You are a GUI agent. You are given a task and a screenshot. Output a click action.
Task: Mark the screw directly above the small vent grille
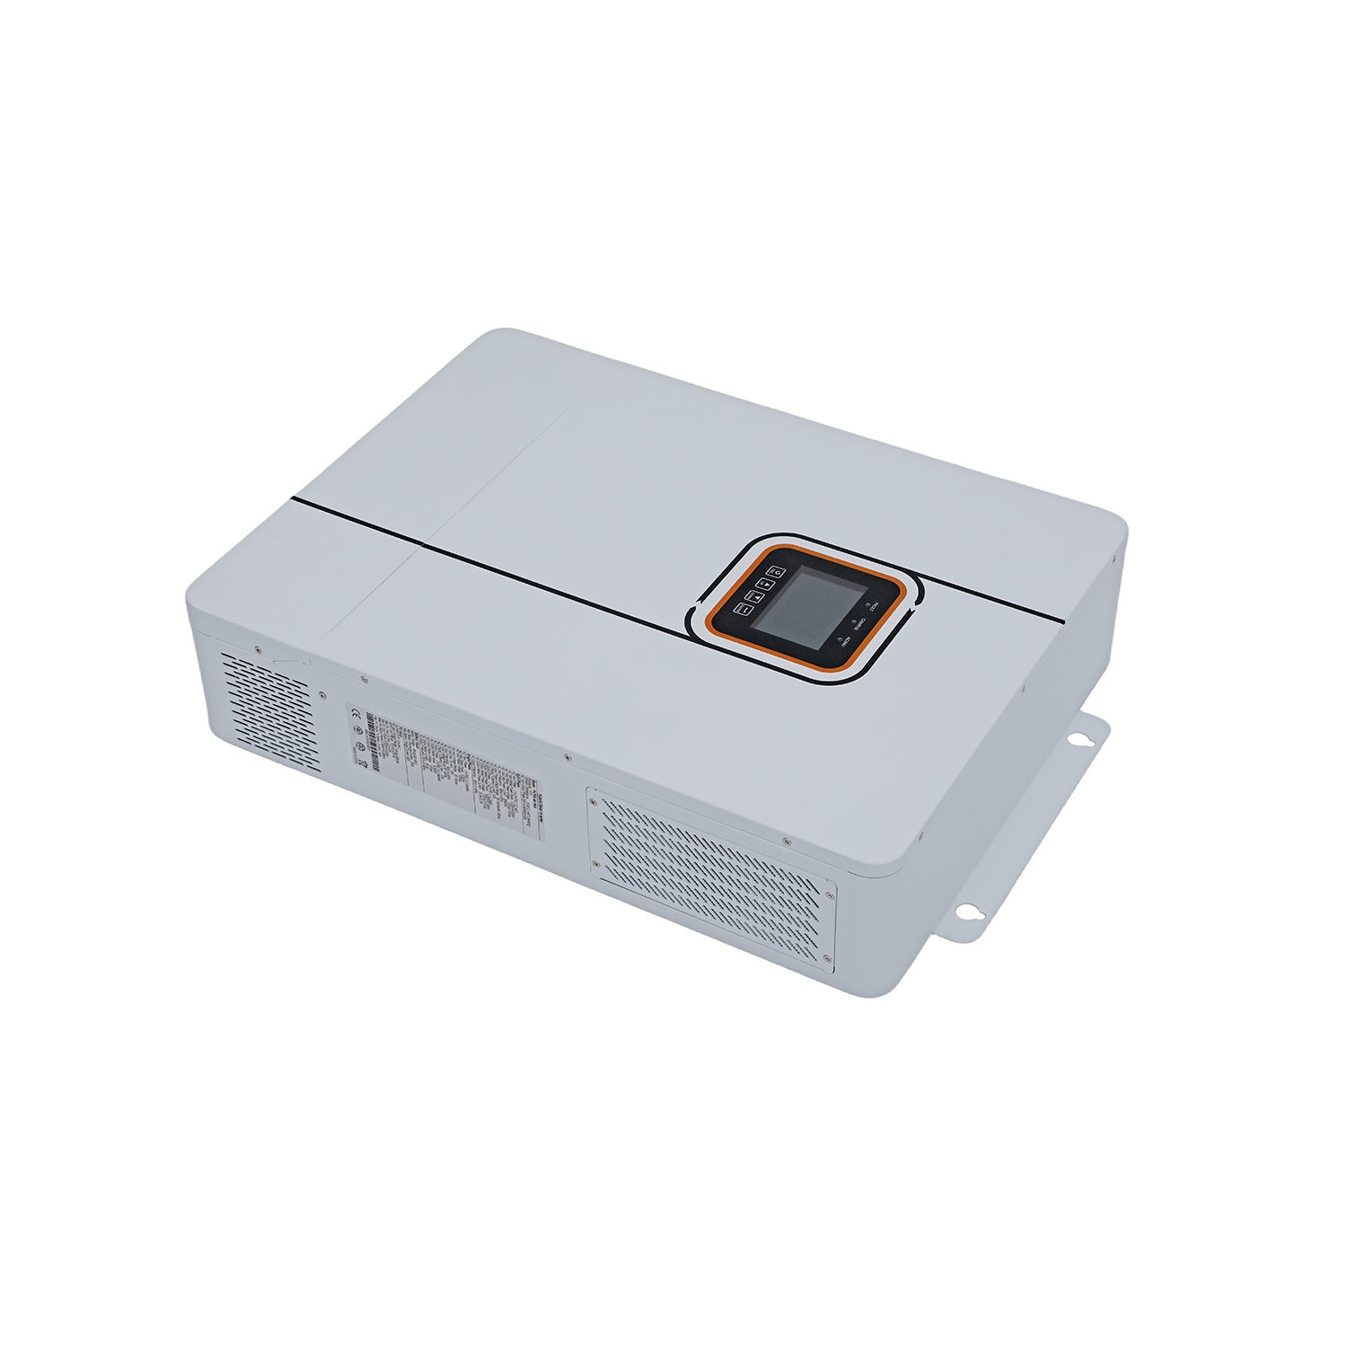[257, 648]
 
